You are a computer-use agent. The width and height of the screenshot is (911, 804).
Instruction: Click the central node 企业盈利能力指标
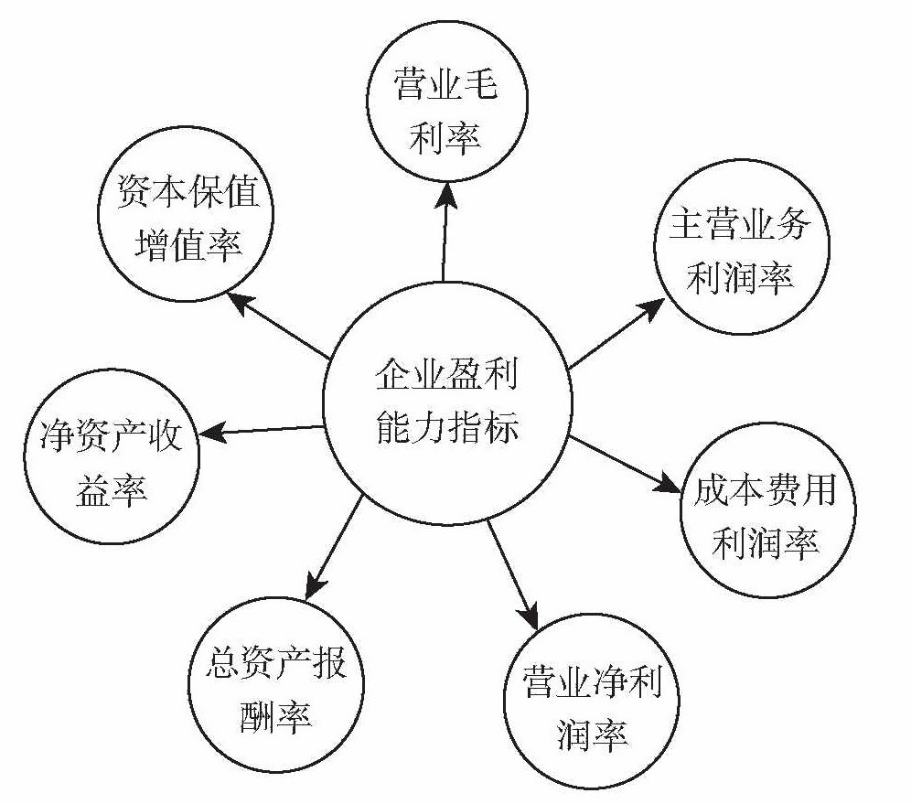coord(447,403)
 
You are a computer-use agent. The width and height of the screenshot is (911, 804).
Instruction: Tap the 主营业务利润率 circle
coord(740,251)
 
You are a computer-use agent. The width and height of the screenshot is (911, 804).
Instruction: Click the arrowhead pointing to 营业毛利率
coord(446,189)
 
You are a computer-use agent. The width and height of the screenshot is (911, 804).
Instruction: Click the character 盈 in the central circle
coord(466,377)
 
